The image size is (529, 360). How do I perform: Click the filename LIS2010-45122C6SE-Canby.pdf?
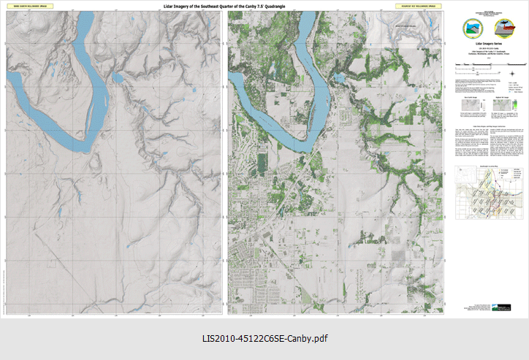(x=264, y=340)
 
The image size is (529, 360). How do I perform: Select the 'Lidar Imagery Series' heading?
(x=487, y=44)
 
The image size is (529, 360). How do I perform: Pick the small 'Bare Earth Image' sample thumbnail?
(x=470, y=107)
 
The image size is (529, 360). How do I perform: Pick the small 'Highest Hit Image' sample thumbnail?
(x=506, y=107)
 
